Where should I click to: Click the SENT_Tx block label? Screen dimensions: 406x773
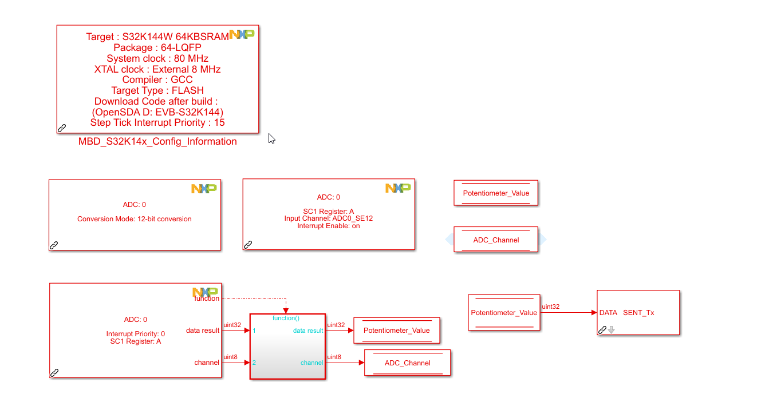tap(638, 313)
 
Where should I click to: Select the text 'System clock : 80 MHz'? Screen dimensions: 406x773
tap(157, 58)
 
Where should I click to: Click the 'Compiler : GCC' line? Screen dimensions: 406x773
tap(157, 80)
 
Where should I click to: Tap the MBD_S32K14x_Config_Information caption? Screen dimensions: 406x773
tap(157, 142)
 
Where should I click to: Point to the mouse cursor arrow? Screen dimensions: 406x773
tap(271, 138)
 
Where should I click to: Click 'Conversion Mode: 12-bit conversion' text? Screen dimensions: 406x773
tap(135, 219)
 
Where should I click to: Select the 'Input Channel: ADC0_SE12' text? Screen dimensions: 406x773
tap(329, 219)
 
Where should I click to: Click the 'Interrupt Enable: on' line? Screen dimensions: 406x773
tap(329, 226)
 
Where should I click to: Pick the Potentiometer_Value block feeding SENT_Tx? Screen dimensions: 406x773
tap(504, 313)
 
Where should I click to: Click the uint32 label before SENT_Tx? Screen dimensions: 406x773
tap(551, 307)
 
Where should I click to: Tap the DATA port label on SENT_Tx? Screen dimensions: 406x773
tap(608, 313)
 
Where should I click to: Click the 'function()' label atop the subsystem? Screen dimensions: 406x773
tap(286, 319)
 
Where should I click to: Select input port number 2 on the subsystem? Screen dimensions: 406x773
tap(254, 363)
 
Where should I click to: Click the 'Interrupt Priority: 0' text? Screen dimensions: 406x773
tap(136, 334)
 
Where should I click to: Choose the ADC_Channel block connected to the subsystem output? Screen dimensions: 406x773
tap(408, 363)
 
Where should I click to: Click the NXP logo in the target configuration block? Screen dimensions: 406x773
tap(241, 34)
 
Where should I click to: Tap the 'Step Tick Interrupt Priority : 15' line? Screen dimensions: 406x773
tap(157, 123)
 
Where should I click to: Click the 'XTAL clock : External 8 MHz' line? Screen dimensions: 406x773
tap(157, 69)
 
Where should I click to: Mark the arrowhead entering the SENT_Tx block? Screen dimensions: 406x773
tap(594, 313)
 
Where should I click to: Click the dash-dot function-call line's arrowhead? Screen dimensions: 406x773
tap(286, 311)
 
